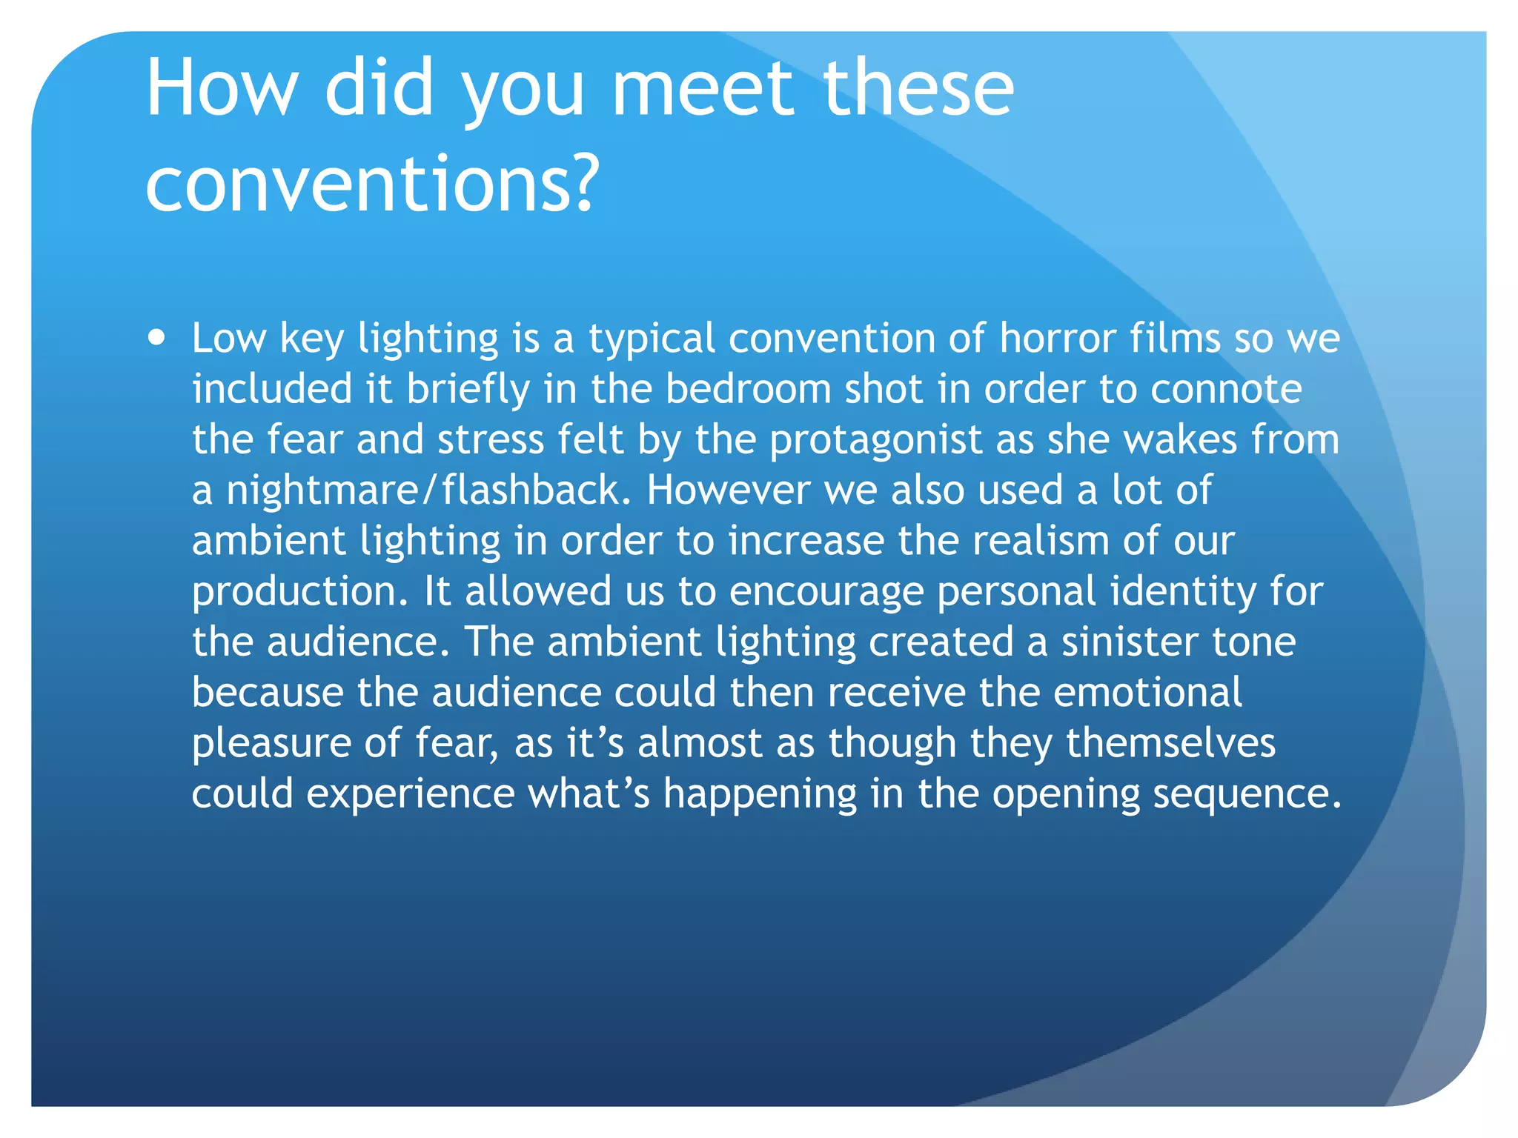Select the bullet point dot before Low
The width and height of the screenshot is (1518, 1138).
click(156, 338)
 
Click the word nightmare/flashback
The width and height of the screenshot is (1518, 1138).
click(428, 490)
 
